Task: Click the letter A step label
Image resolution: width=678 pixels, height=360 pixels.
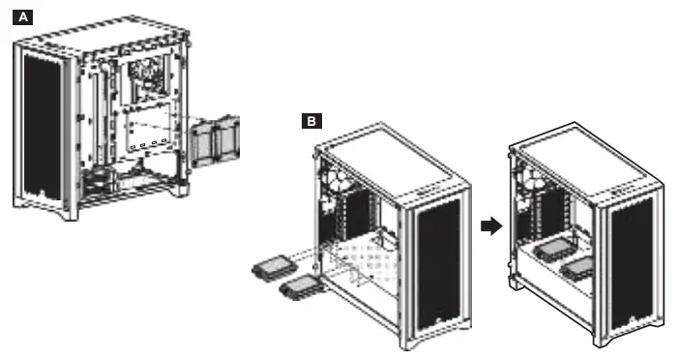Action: click(x=22, y=16)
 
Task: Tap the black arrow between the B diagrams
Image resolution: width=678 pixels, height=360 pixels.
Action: click(x=491, y=225)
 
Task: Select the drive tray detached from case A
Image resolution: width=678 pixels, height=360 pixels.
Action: click(x=215, y=140)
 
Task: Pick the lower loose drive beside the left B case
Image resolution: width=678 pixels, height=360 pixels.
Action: click(x=299, y=285)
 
